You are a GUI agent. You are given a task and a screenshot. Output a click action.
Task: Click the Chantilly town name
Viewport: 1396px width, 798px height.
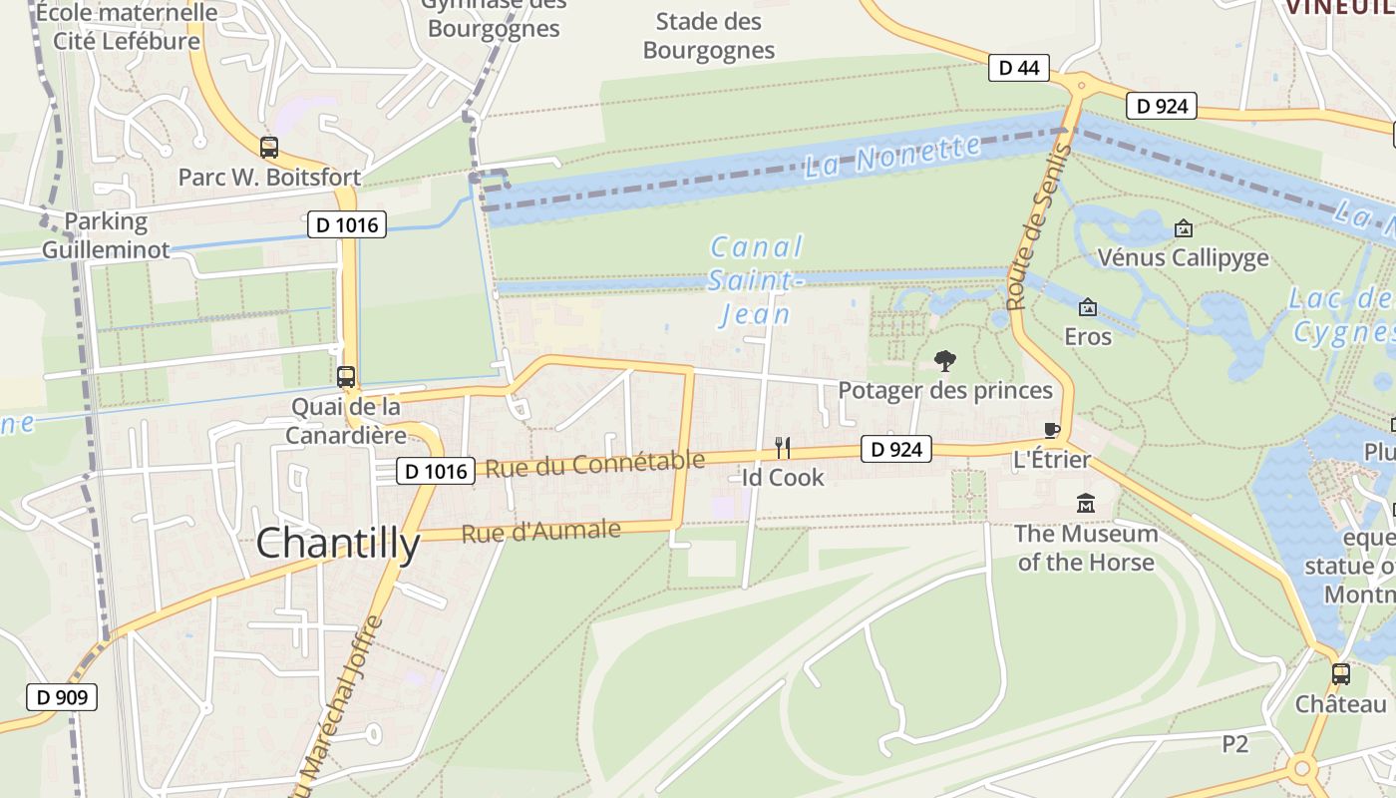click(x=338, y=544)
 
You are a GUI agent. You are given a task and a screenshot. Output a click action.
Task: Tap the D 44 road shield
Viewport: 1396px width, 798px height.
click(x=1018, y=68)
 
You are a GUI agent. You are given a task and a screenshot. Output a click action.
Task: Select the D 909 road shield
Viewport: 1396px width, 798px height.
click(x=62, y=697)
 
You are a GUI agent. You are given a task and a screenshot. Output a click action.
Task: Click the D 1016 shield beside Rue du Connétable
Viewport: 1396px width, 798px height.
click(x=436, y=471)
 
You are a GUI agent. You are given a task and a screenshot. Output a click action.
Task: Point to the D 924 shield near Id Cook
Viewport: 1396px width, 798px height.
click(x=895, y=450)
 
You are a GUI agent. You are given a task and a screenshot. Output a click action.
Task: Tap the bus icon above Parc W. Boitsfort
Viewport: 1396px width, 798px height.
click(x=269, y=148)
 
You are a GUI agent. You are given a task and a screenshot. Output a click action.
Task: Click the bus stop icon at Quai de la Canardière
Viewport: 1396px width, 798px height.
click(x=346, y=377)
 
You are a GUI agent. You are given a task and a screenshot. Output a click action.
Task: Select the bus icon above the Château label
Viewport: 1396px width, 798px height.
click(x=1341, y=673)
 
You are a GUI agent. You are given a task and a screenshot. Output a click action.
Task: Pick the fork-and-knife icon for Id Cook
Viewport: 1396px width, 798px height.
click(x=783, y=448)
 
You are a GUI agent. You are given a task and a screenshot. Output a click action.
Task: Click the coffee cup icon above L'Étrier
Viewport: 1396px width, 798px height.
click(x=1051, y=430)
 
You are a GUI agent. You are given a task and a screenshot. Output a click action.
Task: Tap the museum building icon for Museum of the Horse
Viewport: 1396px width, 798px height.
click(x=1086, y=504)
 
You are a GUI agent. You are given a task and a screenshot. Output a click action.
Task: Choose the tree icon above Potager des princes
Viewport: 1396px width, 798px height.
click(x=944, y=360)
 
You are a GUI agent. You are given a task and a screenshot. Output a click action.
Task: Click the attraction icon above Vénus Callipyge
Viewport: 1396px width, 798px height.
click(x=1183, y=228)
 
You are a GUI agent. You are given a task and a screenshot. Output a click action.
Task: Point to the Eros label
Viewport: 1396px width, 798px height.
click(x=1088, y=336)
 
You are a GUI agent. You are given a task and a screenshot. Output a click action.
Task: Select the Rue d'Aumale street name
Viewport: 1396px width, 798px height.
click(x=540, y=532)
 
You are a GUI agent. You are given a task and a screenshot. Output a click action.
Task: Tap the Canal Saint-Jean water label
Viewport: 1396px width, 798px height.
click(x=755, y=280)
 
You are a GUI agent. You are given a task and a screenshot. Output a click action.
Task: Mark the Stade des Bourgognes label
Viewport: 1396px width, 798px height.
click(x=708, y=36)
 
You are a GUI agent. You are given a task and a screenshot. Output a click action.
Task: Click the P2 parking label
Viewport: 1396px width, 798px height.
click(x=1235, y=744)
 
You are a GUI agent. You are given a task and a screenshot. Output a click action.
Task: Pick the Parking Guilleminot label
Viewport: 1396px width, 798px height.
click(x=106, y=235)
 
